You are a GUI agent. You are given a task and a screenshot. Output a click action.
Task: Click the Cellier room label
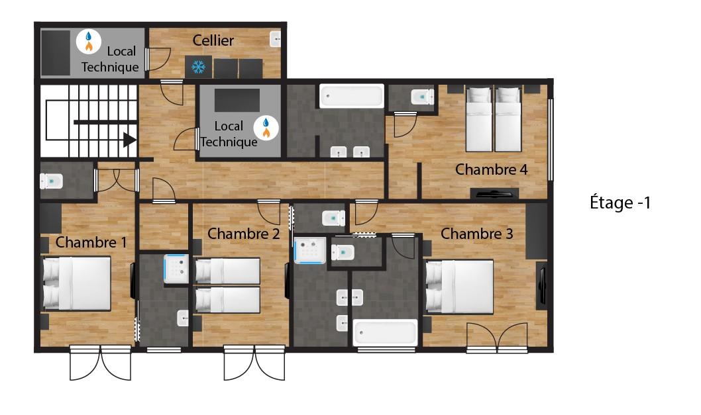point(213,40)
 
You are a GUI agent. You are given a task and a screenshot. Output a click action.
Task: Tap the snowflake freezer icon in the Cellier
point(199,67)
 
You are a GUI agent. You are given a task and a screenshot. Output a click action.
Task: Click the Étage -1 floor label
point(620,203)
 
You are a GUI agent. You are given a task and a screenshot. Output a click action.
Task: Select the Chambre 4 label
point(492,169)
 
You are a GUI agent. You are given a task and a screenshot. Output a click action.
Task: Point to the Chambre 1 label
point(91,242)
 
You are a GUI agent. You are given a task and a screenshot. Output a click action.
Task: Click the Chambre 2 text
point(244,234)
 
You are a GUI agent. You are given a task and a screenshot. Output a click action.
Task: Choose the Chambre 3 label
point(476,234)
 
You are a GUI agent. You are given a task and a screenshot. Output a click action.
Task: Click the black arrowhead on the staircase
point(130,140)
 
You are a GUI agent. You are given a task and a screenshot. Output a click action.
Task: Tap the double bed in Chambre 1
point(76,283)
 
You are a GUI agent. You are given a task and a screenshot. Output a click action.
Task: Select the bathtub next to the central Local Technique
point(352,96)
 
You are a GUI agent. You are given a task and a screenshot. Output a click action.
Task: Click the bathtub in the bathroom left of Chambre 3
point(385,332)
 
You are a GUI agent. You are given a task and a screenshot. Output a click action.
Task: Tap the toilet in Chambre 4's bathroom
point(422,97)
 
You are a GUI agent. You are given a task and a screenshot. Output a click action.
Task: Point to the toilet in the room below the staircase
point(52,181)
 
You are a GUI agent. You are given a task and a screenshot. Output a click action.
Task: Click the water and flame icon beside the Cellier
point(89,41)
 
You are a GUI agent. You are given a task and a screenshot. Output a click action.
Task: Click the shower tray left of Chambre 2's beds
point(177,269)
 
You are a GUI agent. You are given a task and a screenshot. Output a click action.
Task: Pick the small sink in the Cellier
point(276,39)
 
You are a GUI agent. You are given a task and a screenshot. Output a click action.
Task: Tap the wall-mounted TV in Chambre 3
point(542,286)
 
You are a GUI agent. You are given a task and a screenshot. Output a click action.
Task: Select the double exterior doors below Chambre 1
point(101,363)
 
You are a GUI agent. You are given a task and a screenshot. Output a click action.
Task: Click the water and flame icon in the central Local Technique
point(266,128)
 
